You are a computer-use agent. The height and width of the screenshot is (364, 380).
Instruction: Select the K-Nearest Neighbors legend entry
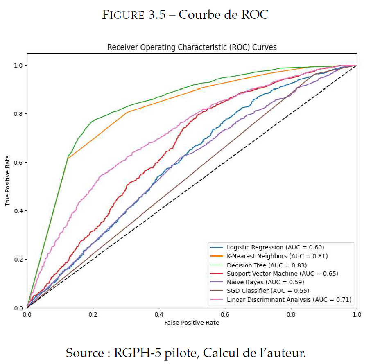tap(277, 256)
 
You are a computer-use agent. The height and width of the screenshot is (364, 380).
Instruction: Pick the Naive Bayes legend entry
tap(265, 282)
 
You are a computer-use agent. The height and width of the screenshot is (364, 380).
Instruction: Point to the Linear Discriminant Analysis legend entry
tap(289, 300)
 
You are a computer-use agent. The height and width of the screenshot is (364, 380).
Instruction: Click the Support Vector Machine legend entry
tap(283, 274)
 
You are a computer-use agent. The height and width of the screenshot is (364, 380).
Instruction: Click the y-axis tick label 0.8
tap(19, 114)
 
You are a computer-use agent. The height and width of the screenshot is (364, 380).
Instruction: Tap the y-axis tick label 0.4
tap(19, 211)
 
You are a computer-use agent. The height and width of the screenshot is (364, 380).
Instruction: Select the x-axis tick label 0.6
tap(225, 315)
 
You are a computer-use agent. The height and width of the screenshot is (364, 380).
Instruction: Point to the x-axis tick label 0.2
tap(93, 315)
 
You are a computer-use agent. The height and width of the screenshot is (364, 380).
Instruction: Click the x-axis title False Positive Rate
tap(192, 323)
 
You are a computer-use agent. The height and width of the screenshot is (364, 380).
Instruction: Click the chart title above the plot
tap(192, 47)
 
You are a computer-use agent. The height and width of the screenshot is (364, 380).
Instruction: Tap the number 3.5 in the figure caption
tap(157, 15)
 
